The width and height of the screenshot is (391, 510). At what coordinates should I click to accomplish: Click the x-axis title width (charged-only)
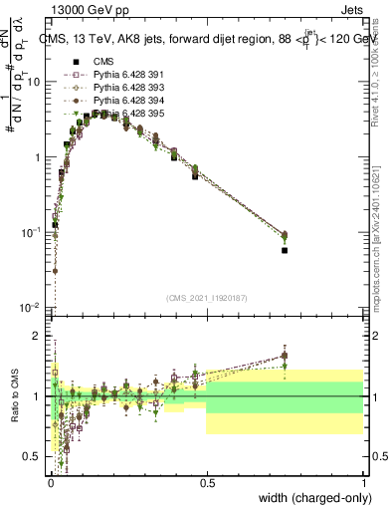315,497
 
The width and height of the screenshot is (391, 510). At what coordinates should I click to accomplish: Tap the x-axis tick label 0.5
206,483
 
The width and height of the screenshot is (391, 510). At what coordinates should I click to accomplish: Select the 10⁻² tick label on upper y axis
30,308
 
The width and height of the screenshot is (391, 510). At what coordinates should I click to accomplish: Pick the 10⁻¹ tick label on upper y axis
30,232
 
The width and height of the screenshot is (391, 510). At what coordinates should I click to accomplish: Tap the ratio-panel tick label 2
36,337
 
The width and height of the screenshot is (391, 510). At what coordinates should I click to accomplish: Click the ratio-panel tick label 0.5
31,456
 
